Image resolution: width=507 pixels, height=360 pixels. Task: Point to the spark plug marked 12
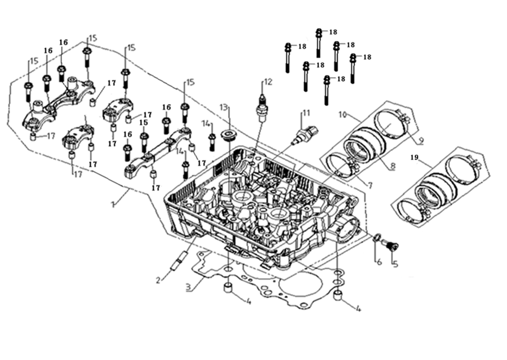point(261,109)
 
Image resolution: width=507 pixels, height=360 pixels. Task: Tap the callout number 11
point(306,113)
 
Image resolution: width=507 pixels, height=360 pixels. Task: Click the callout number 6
point(377,261)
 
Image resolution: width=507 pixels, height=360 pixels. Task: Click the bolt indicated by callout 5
point(390,244)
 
